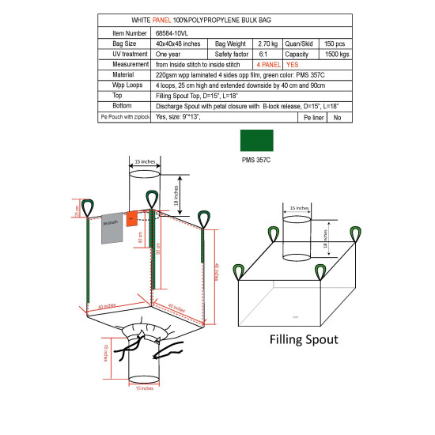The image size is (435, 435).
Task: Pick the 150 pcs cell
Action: click(x=335, y=43)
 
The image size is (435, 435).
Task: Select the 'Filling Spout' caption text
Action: click(x=304, y=341)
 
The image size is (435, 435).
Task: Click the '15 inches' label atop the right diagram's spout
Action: click(x=299, y=208)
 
